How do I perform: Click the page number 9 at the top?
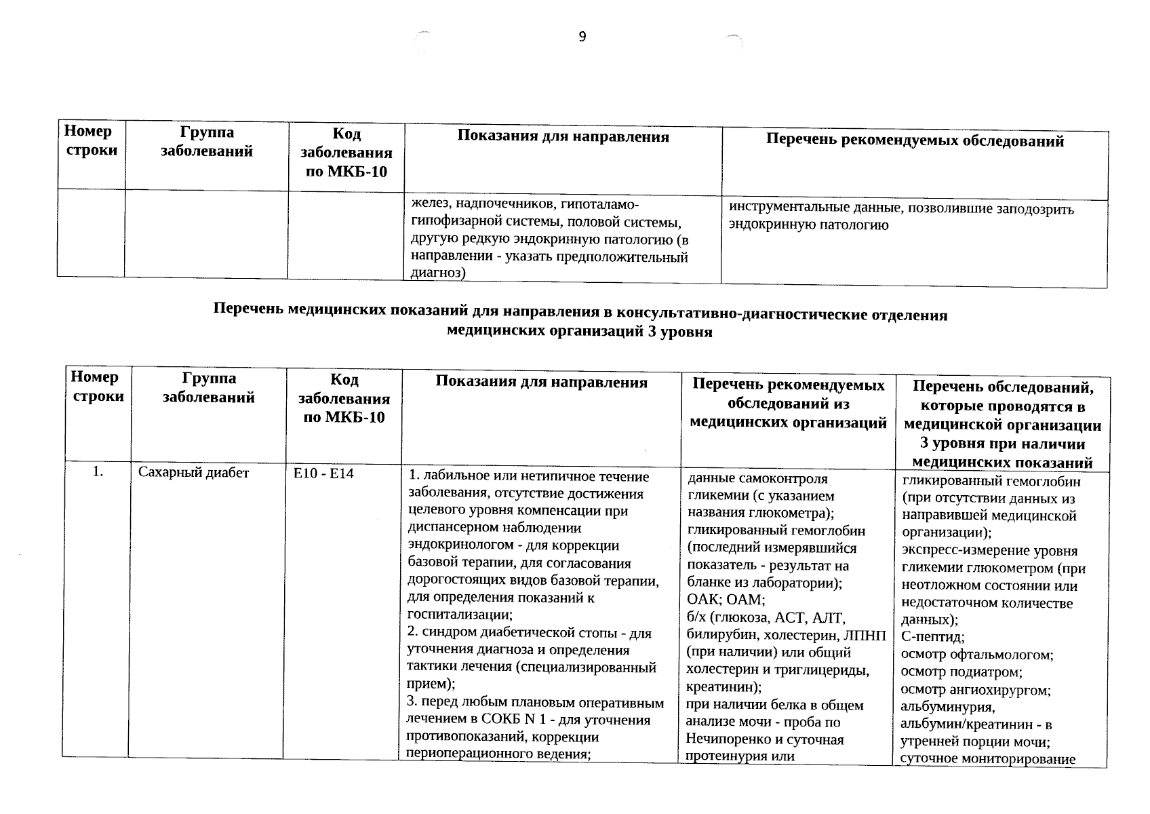coord(582,37)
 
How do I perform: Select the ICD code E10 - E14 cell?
coord(323,474)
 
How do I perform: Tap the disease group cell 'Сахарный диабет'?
coord(193,473)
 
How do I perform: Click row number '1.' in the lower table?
coord(98,472)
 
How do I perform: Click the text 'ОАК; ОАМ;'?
coord(726,600)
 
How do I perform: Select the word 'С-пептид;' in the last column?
coord(933,637)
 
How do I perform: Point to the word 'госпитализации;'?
coord(459,615)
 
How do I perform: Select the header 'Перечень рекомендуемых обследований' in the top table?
coord(915,141)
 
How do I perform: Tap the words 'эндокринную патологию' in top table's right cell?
coord(808,225)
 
